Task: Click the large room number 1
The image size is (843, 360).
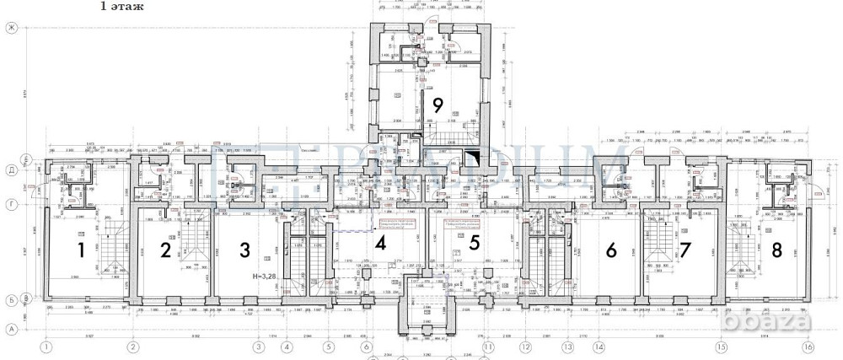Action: point(82,250)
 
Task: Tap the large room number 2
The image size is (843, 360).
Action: point(166,250)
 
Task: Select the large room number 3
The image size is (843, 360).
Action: point(244,250)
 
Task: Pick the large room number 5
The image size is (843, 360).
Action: point(475,244)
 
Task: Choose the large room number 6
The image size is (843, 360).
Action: point(612,250)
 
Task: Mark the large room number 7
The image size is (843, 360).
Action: point(685,250)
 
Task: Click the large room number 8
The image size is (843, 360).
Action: point(776,250)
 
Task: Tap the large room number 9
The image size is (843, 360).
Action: point(437,105)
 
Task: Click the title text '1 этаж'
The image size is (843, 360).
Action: point(121,7)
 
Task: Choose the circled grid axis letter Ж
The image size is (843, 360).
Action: point(13,29)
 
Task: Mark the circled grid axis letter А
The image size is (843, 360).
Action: point(13,329)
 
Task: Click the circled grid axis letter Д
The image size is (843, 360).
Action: point(13,169)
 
